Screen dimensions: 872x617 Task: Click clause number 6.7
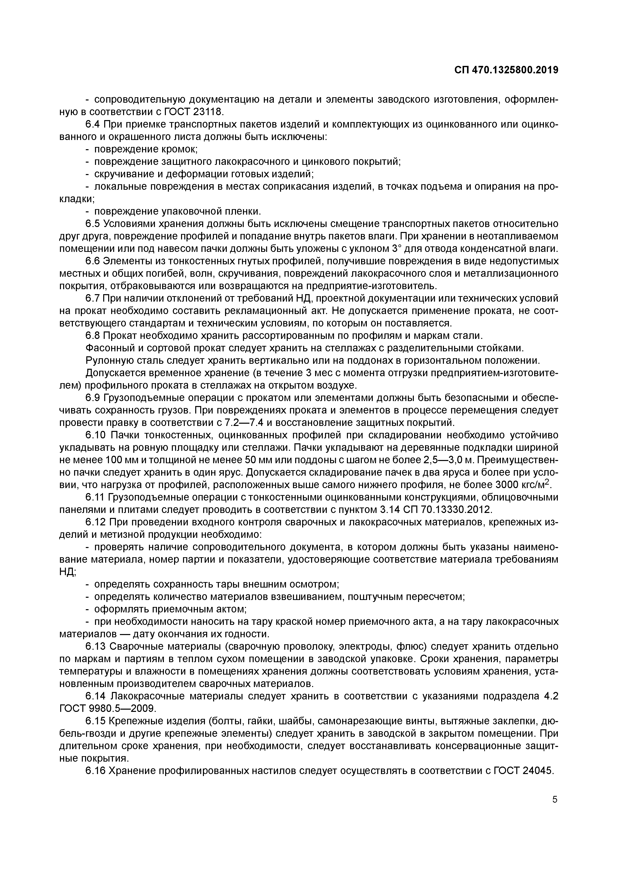tap(93, 299)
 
